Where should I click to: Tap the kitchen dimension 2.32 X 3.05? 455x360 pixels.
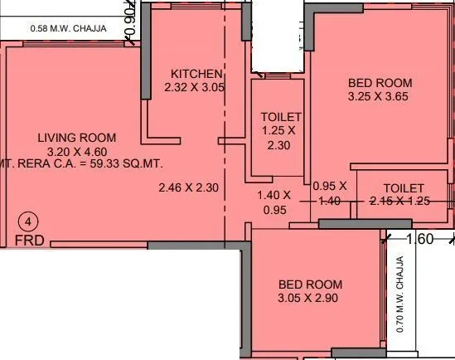[195, 87]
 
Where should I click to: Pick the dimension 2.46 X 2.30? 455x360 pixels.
[188, 188]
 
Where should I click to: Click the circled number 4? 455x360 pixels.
[28, 221]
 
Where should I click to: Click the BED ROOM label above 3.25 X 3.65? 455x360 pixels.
[380, 83]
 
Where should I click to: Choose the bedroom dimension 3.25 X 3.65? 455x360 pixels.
[380, 97]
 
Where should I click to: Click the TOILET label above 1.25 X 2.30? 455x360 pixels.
[281, 117]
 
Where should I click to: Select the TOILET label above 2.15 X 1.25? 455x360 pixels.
[404, 188]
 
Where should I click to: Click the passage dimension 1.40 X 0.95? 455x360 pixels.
[274, 202]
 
